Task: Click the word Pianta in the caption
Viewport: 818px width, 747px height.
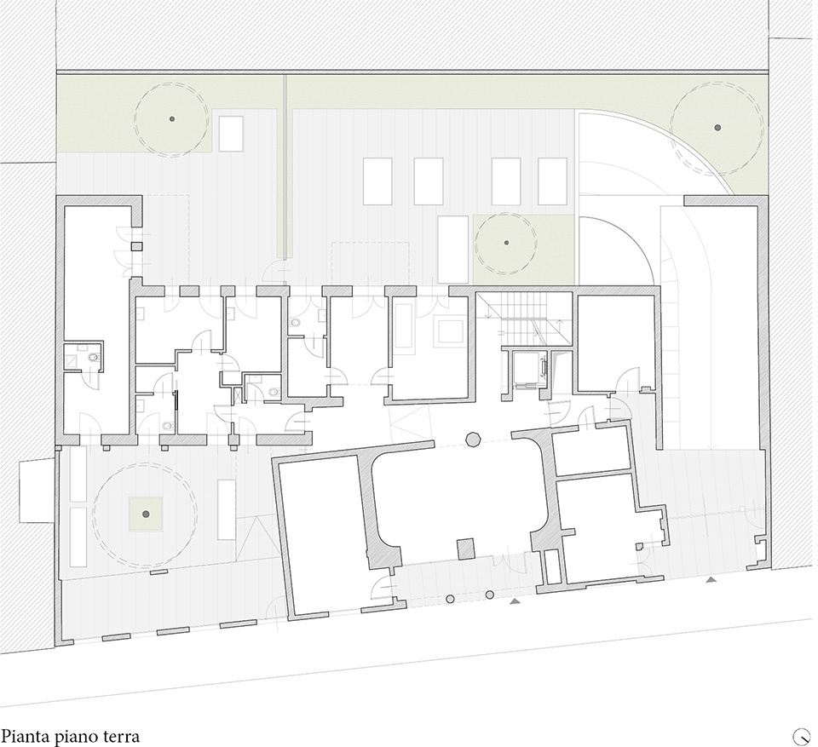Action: pos(26,737)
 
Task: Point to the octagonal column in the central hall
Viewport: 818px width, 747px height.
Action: pos(473,439)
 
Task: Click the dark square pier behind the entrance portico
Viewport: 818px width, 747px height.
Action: pos(466,549)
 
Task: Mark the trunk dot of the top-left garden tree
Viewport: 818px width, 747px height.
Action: pos(171,119)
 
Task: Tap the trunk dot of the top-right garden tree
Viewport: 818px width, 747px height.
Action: pos(717,127)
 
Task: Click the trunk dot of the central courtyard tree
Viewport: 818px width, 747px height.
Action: pos(506,243)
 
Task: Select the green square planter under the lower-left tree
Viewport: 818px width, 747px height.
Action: pos(146,514)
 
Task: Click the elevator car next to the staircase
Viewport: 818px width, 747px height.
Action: pos(529,370)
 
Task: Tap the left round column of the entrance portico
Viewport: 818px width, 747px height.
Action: pos(450,600)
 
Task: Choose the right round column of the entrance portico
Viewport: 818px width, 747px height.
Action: pos(490,595)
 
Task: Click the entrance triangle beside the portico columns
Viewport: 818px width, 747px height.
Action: pos(515,601)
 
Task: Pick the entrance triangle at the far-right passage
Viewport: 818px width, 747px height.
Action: pos(711,579)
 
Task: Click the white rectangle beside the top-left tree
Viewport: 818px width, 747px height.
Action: pos(231,134)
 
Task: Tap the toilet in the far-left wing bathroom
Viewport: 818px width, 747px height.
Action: pos(94,358)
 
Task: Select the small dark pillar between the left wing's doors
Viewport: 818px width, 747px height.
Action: pos(136,247)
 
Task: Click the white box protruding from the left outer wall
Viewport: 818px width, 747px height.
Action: pos(37,491)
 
